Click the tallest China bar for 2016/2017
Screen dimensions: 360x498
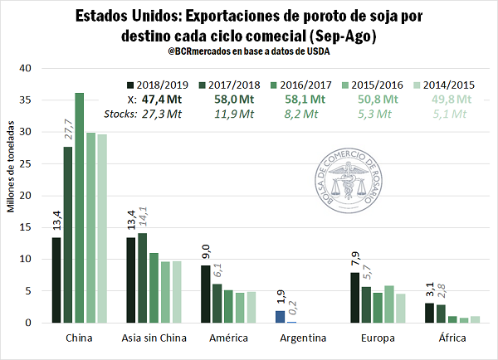click(x=80, y=207)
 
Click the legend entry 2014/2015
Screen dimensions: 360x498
click(x=449, y=84)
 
